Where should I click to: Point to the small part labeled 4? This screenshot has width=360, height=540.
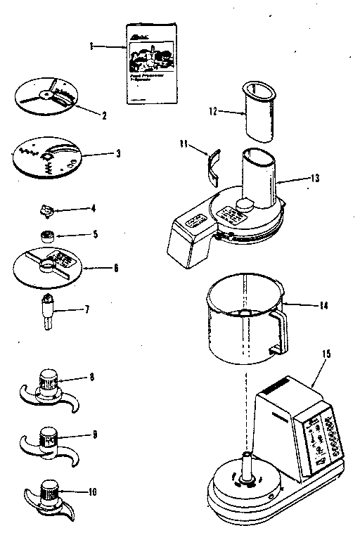click(x=47, y=210)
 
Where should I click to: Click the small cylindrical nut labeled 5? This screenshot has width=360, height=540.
click(x=47, y=236)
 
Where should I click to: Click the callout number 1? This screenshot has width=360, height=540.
click(x=91, y=46)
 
